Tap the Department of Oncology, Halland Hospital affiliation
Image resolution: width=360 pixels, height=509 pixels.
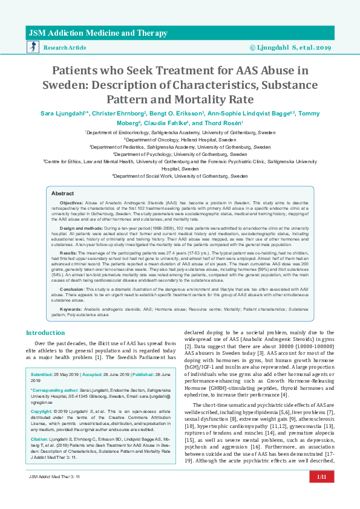coord(180,138)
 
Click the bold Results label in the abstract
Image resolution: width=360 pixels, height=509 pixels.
coord(69,252)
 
